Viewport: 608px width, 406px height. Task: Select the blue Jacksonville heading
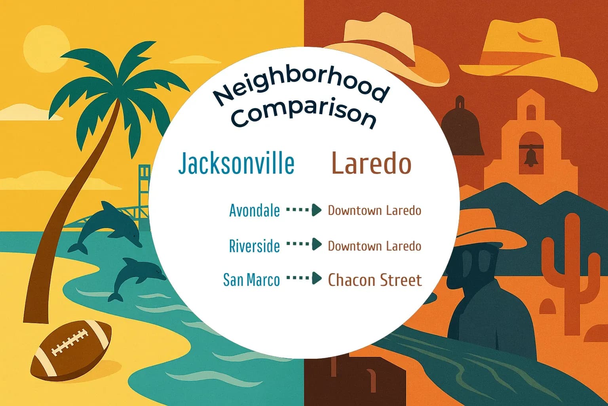coord(236,163)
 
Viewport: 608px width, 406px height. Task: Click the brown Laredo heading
coord(371,163)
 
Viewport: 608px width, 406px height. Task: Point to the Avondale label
coord(254,211)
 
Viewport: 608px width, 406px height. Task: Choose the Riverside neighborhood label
coord(254,246)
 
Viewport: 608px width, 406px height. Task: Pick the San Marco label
coord(251,280)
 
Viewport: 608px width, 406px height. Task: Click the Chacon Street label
coord(374,280)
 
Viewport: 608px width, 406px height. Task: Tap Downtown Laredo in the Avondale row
coord(374,210)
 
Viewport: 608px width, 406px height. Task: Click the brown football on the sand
coord(71,349)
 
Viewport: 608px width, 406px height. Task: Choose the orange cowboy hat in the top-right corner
coord(526,52)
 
